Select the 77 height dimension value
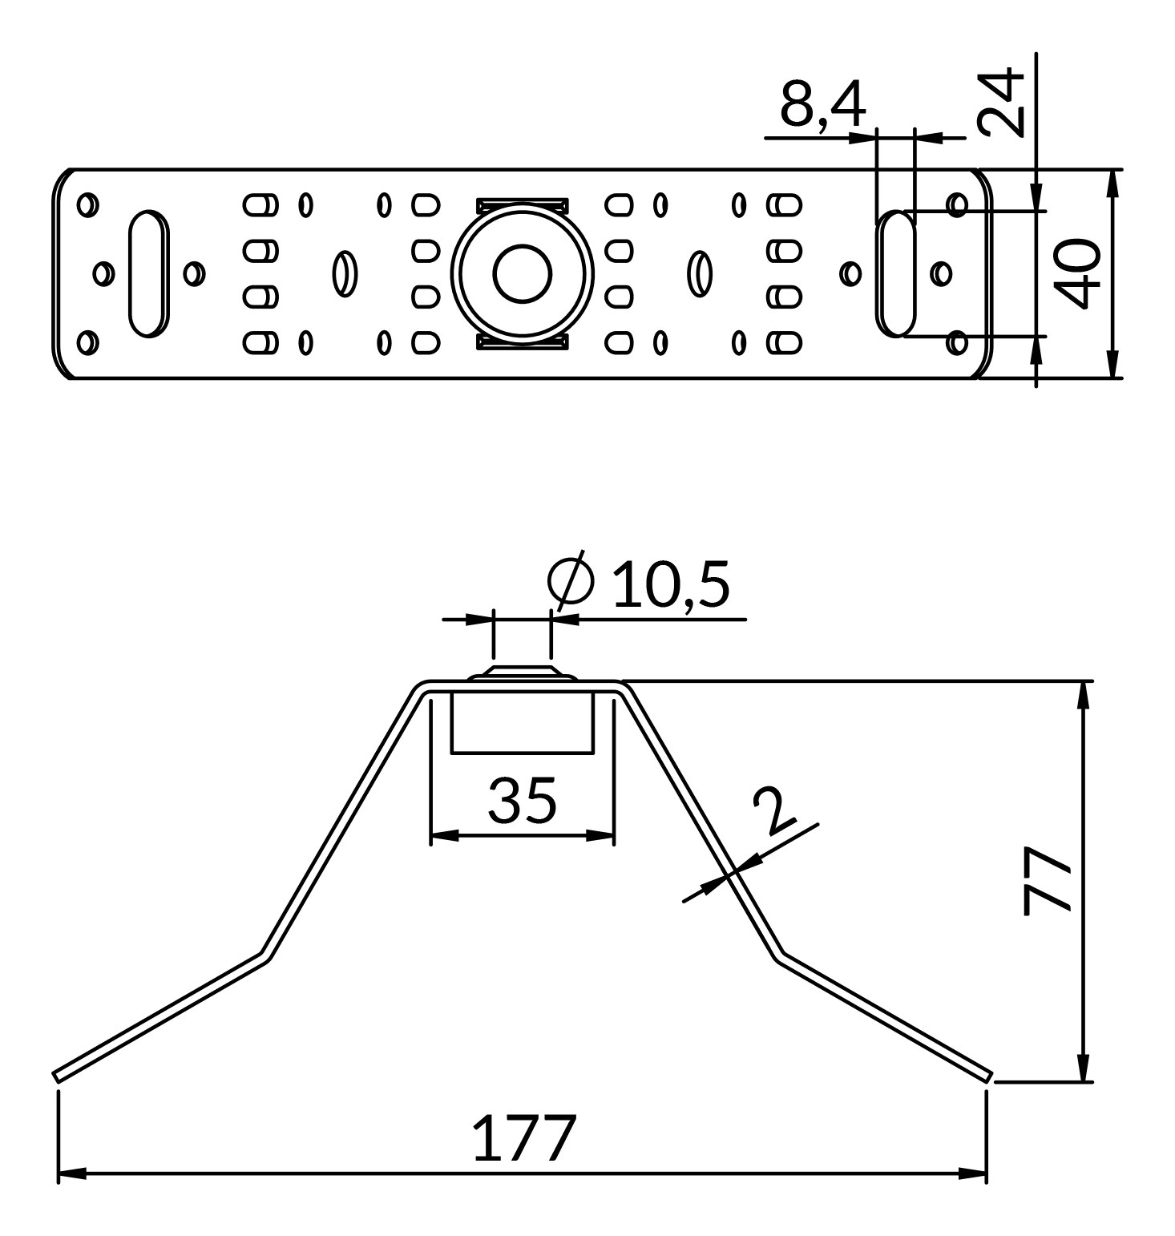[1048, 880]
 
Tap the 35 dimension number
[522, 799]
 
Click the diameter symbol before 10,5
[571, 580]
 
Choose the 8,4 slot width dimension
[822, 104]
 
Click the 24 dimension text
[1001, 103]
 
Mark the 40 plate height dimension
[1076, 273]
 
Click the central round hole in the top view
[523, 273]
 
